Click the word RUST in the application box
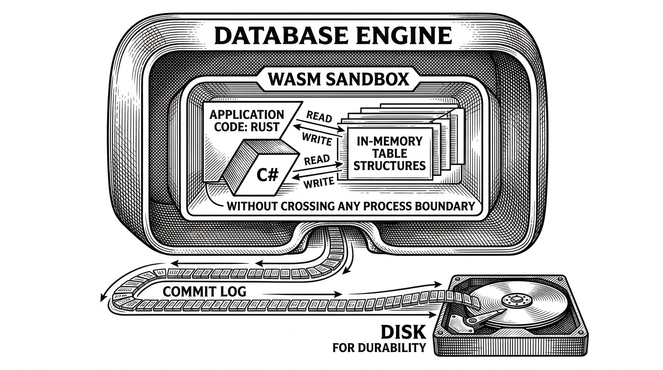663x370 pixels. pos(265,127)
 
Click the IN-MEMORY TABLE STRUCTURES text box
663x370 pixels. pos(389,154)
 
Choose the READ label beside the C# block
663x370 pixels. pos(317,160)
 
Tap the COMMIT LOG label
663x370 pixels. pos(205,291)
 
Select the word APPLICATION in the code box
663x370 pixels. pos(246,114)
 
